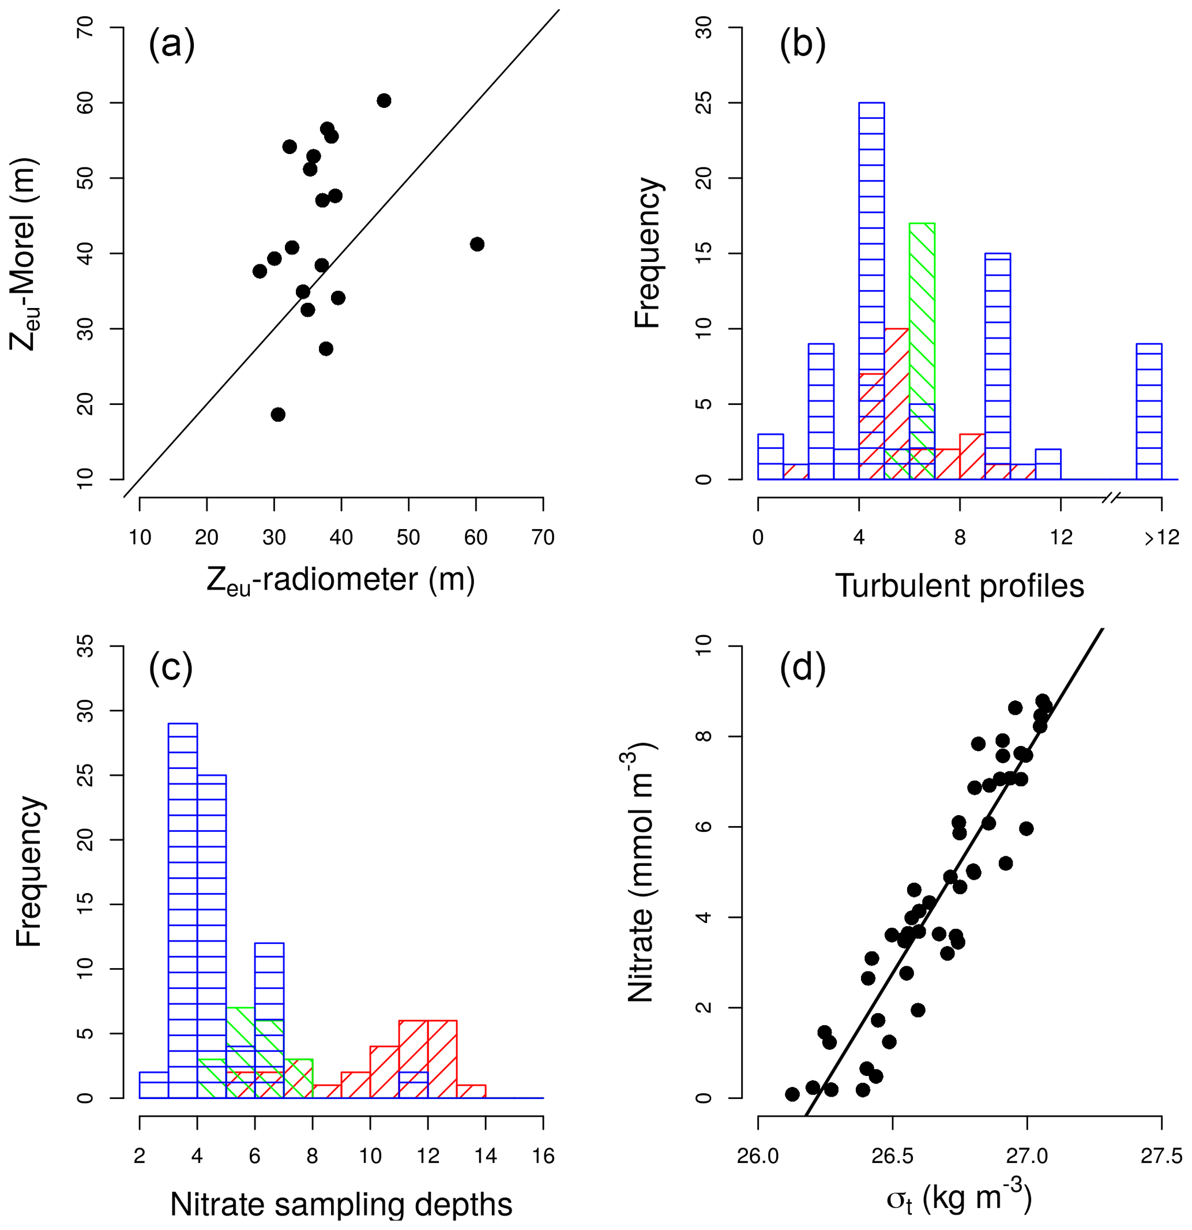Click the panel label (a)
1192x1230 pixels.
pyautogui.click(x=171, y=45)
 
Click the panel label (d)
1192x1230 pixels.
pyautogui.click(x=802, y=667)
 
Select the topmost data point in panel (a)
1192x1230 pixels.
pyautogui.click(x=384, y=100)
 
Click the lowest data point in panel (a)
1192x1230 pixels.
pyautogui.click(x=278, y=414)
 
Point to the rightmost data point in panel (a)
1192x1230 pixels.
pyautogui.click(x=477, y=244)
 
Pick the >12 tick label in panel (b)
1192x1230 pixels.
pyautogui.click(x=1161, y=538)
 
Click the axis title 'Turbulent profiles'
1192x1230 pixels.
pyautogui.click(x=959, y=586)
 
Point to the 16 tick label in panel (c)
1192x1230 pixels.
pyautogui.click(x=543, y=1156)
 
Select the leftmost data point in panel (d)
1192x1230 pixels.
pyautogui.click(x=792, y=1094)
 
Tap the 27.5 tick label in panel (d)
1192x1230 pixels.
pyautogui.click(x=1161, y=1156)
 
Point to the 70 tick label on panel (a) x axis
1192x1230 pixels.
pyautogui.click(x=543, y=538)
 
